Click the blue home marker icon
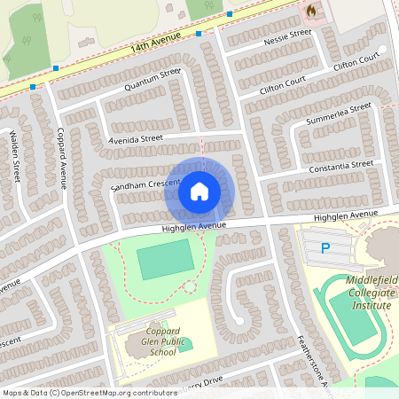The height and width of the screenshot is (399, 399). point(199,191)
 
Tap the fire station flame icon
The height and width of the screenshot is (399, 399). point(311,11)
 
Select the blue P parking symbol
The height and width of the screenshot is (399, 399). point(325,249)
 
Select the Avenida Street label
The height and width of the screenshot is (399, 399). point(137,139)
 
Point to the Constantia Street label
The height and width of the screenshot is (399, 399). point(341,166)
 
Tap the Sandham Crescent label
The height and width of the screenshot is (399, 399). point(145,184)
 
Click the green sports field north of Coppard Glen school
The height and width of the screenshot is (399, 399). point(165,259)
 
